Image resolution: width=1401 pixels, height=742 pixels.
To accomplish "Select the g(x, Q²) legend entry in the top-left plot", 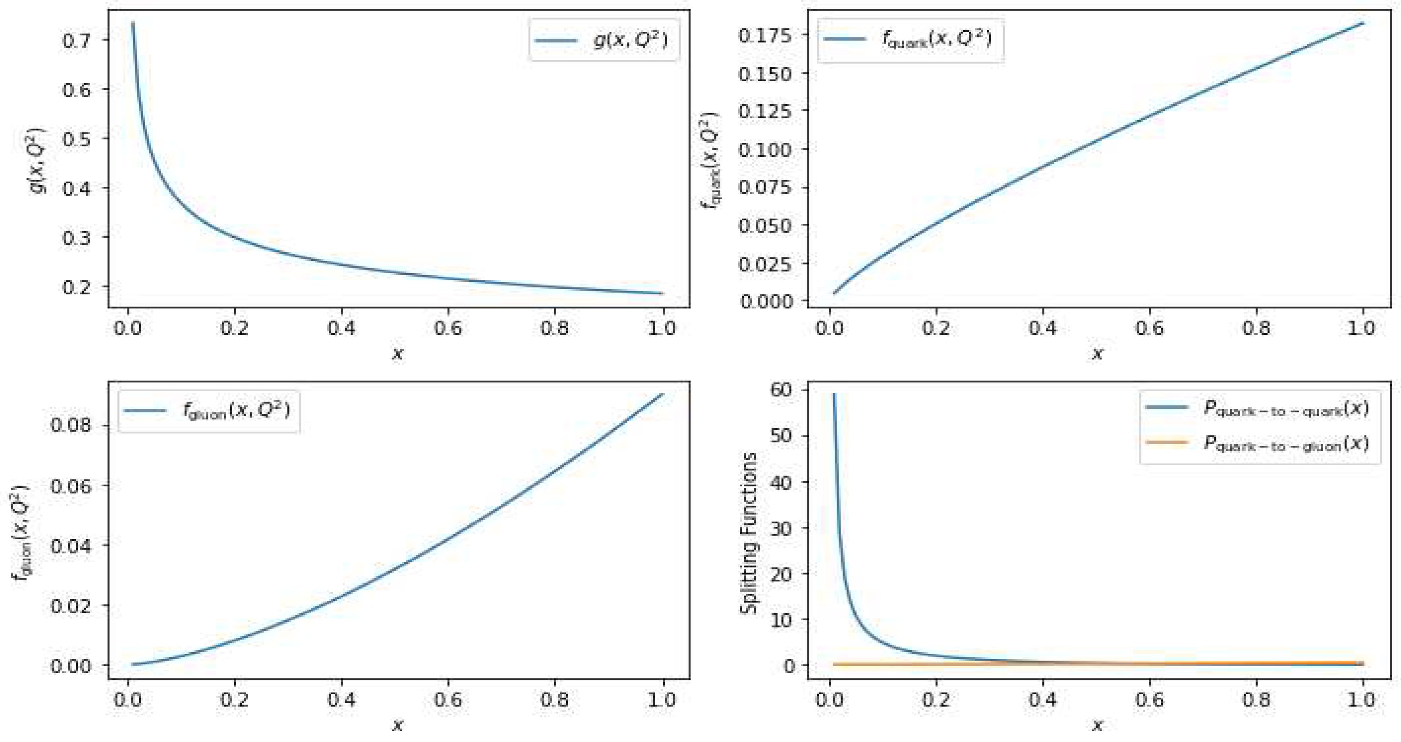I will tap(603, 40).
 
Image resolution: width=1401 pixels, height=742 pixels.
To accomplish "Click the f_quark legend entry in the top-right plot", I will tap(910, 39).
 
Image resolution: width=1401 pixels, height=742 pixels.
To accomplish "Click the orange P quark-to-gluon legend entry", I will tap(1259, 443).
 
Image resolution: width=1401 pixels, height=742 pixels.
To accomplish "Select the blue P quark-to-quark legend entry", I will tap(1259, 408).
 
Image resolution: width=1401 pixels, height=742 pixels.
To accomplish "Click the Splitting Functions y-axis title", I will tap(749, 533).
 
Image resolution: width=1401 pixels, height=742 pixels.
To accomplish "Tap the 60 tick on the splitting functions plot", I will tap(782, 390).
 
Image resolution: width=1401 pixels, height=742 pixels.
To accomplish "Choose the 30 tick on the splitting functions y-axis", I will tap(782, 527).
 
